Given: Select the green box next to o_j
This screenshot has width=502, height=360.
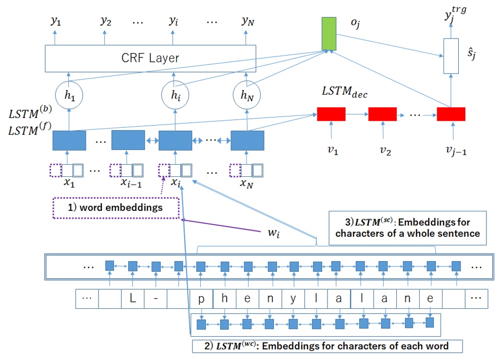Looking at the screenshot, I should click(x=329, y=34).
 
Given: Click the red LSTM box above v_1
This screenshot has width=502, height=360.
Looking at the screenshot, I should click(x=331, y=114).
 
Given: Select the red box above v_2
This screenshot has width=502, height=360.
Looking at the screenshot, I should click(x=382, y=114).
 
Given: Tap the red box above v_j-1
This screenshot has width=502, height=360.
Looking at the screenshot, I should click(x=451, y=114).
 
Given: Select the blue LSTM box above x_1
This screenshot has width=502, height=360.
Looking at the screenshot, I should click(x=69, y=140).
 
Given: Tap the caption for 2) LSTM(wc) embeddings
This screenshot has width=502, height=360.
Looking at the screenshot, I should click(x=327, y=346).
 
